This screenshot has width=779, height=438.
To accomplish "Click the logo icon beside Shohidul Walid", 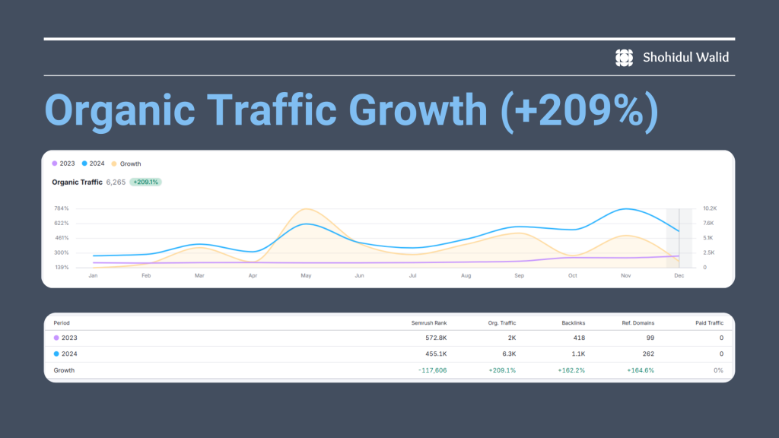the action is [624, 58].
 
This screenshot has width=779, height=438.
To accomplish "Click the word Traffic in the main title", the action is [272, 109].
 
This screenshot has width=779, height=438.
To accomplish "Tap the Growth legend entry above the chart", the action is [126, 164].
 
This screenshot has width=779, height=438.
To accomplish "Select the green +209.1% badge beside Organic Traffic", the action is [145, 182].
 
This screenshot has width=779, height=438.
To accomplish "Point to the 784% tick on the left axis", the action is [62, 208].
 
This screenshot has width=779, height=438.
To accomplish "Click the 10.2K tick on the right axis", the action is [710, 208].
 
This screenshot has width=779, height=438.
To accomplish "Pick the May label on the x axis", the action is [306, 275].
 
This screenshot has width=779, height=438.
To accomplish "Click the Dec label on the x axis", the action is [679, 275].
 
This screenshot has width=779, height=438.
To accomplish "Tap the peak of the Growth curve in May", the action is [307, 209].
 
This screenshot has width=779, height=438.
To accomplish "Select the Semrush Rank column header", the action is [429, 323].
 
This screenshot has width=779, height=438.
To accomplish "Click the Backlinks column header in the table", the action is [574, 323].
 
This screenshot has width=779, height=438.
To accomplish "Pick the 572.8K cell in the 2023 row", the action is [436, 338].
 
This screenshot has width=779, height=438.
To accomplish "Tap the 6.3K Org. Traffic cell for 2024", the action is [509, 354].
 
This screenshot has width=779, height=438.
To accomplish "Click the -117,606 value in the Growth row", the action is [432, 370].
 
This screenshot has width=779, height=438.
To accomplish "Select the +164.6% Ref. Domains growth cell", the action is [641, 370].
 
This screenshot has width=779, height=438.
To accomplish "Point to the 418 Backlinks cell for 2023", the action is [579, 338].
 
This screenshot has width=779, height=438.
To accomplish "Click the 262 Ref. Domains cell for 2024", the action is [648, 354].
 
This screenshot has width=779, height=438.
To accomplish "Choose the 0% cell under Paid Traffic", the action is [718, 370].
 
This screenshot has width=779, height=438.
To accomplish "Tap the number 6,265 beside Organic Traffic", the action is [116, 182].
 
